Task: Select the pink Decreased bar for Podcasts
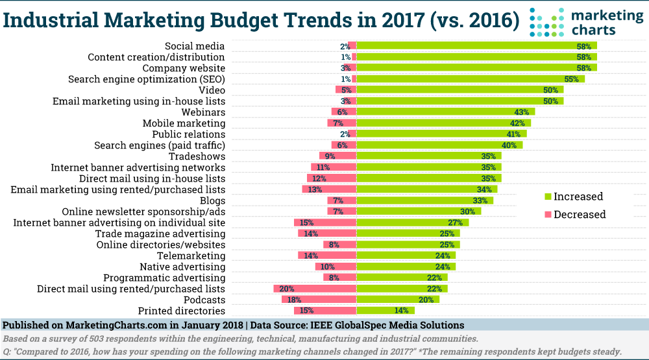pos(319,300)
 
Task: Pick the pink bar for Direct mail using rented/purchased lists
pos(315,289)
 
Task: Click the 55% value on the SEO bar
pos(571,79)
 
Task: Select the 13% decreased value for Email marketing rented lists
pos(315,189)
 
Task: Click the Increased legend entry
pos(578,197)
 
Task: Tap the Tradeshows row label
pos(197,156)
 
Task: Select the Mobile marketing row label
pos(184,123)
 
